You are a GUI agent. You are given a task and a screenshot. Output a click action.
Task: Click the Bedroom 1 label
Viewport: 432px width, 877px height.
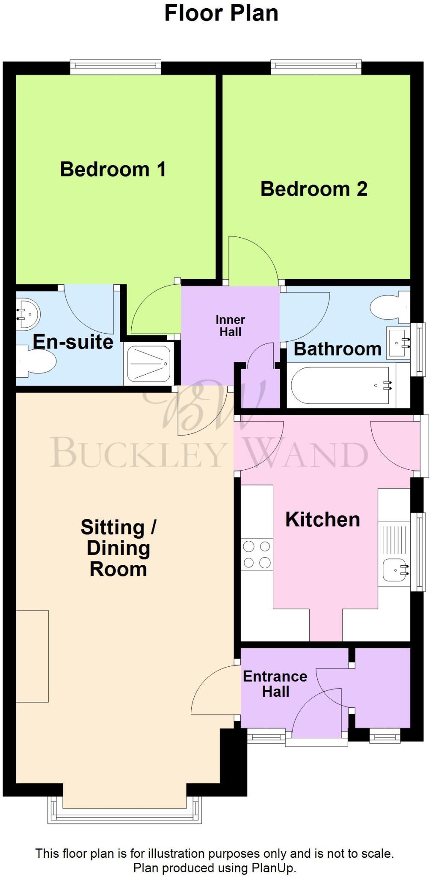click(x=112, y=169)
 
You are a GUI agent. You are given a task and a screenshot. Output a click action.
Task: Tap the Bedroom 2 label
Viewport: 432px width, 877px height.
click(x=314, y=189)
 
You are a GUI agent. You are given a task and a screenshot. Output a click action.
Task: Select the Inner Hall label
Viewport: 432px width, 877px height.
click(x=230, y=326)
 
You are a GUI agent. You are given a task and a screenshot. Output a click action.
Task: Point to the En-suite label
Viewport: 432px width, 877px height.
click(x=73, y=342)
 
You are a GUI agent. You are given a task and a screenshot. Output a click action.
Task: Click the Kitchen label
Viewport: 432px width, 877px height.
click(x=323, y=519)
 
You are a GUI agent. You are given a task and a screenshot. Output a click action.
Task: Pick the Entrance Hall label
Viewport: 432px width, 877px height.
click(x=275, y=684)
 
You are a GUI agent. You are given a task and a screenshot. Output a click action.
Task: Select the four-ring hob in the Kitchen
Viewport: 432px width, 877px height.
click(x=257, y=555)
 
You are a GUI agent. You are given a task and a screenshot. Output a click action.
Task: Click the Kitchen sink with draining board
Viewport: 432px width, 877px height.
click(x=394, y=553)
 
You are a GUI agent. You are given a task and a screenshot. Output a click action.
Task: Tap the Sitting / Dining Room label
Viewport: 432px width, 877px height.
click(x=118, y=548)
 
